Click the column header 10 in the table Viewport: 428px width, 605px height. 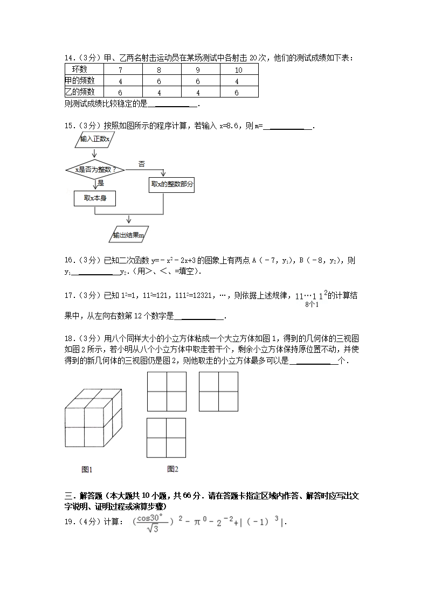click(x=239, y=70)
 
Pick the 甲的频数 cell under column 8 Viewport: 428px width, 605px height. click(x=159, y=81)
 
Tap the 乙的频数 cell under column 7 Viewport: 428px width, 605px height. click(x=120, y=92)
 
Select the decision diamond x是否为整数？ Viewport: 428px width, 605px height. click(x=95, y=169)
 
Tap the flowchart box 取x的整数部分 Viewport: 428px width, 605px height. click(x=172, y=185)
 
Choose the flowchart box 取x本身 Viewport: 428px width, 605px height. click(x=95, y=198)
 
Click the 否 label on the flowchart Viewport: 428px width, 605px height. click(x=142, y=164)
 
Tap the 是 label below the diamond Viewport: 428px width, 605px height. click(x=101, y=183)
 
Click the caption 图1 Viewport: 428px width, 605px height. click(x=87, y=469)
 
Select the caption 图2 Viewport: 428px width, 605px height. click(x=172, y=469)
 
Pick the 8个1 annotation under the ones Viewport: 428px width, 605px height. click(x=312, y=305)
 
